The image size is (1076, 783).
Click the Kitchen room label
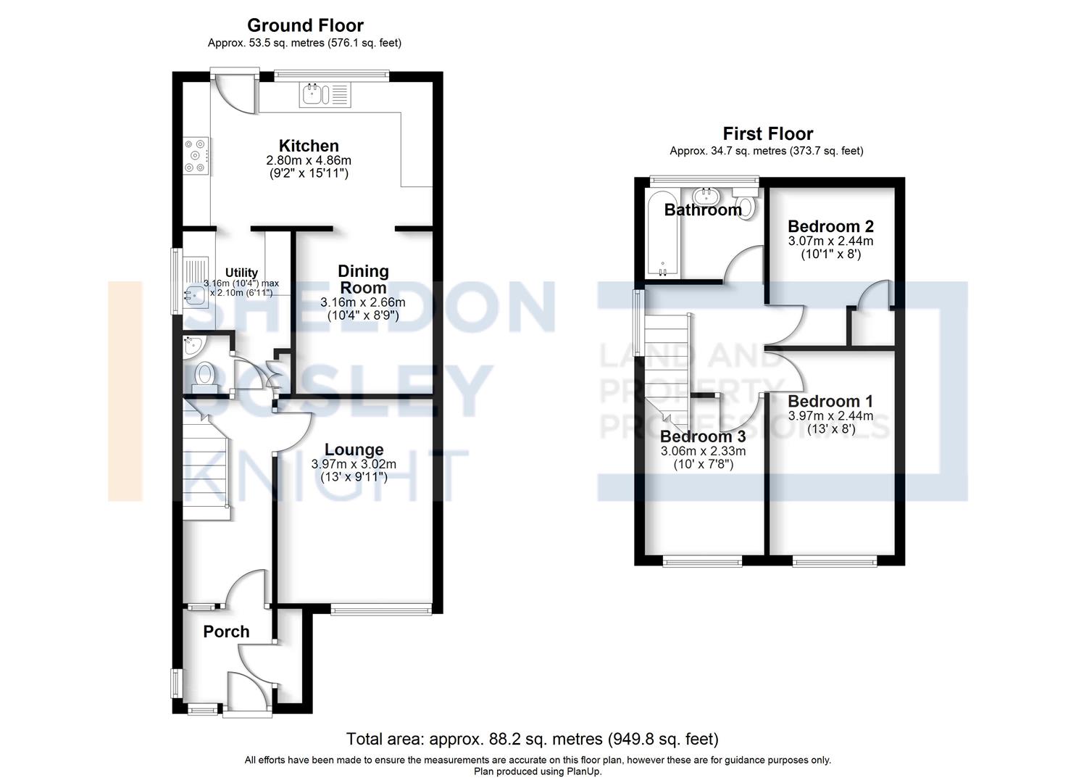[309, 146]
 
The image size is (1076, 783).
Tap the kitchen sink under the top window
[325, 95]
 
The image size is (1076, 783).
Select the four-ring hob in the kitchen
[196, 156]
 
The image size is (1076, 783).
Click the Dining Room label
[363, 279]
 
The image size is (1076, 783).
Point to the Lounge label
[354, 449]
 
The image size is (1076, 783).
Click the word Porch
[226, 631]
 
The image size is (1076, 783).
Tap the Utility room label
[241, 273]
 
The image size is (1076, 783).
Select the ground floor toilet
[204, 376]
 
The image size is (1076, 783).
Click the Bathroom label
[703, 210]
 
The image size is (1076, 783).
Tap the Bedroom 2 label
[830, 226]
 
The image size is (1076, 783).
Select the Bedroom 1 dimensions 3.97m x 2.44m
[830, 416]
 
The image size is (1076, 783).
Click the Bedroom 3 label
[702, 436]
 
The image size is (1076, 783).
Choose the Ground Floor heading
[305, 26]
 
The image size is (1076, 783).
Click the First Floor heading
[767, 133]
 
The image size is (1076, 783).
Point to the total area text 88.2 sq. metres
[532, 739]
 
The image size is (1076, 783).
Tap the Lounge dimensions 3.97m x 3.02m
[354, 464]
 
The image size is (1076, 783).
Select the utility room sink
[194, 294]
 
